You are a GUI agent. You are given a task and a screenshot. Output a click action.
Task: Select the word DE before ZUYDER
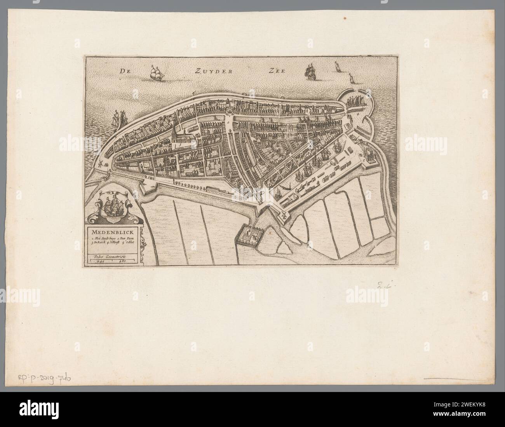pyautogui.click(x=124, y=72)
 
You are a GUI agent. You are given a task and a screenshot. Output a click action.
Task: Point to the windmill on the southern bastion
pyautogui.click(x=285, y=215)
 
